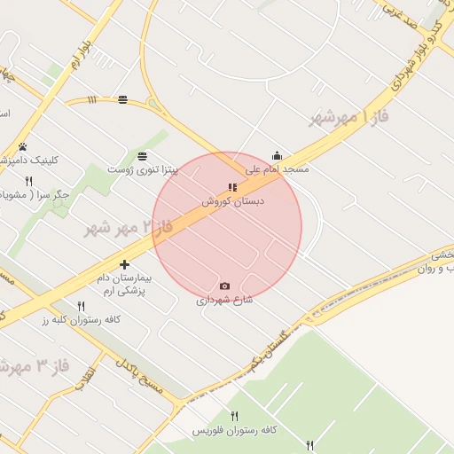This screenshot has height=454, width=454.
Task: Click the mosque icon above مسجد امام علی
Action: tap(277, 155)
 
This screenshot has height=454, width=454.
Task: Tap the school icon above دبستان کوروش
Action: tap(232, 187)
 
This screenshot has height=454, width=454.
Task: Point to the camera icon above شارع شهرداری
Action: tap(224, 286)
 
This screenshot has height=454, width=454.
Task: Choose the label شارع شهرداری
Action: tap(224, 300)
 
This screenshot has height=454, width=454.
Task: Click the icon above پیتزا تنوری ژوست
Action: tap(143, 155)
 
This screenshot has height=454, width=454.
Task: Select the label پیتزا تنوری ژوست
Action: tap(143, 168)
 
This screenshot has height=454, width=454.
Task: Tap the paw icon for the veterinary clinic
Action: tap(22, 147)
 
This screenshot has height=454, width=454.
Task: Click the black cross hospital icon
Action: tap(124, 264)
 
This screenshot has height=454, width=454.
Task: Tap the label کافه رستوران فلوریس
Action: tap(235, 429)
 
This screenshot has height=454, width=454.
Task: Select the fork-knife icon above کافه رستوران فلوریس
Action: tap(235, 416)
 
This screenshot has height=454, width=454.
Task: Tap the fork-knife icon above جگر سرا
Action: tap(29, 181)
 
